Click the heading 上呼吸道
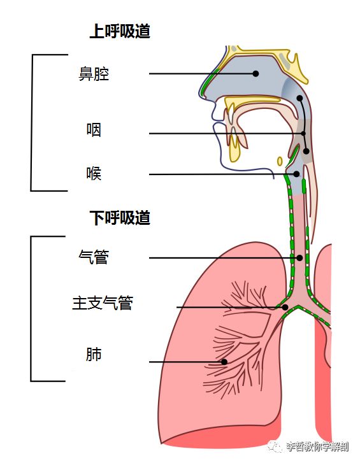click(119, 32)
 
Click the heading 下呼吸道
click(119, 218)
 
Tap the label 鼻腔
click(94, 75)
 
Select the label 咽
click(94, 131)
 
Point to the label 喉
click(94, 173)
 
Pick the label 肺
click(94, 355)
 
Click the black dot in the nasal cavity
click(256, 74)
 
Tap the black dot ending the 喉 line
click(296, 174)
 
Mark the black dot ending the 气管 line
click(299, 258)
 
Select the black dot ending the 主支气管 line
click(285, 308)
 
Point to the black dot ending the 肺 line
click(224, 362)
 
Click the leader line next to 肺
click(185, 362)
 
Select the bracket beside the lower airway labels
click(32, 309)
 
